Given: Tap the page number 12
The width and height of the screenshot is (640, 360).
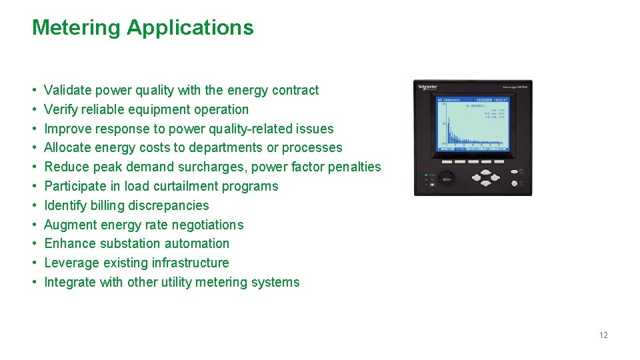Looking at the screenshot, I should click(603, 335).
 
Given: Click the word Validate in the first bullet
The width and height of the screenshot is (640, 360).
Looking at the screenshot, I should click(67, 90).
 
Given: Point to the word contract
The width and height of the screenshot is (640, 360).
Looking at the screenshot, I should click(293, 90).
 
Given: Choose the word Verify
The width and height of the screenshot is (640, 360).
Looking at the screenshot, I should click(61, 109).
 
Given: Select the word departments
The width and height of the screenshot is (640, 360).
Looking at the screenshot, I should click(228, 147).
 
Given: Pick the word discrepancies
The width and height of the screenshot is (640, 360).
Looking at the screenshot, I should click(168, 205).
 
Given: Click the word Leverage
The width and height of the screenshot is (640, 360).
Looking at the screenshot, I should click(71, 263).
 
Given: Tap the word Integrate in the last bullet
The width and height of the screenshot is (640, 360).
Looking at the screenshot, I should click(70, 282).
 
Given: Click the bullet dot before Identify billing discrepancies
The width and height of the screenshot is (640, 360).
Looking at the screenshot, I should click(34, 205).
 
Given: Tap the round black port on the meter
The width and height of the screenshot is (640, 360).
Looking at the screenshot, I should click(447, 177).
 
